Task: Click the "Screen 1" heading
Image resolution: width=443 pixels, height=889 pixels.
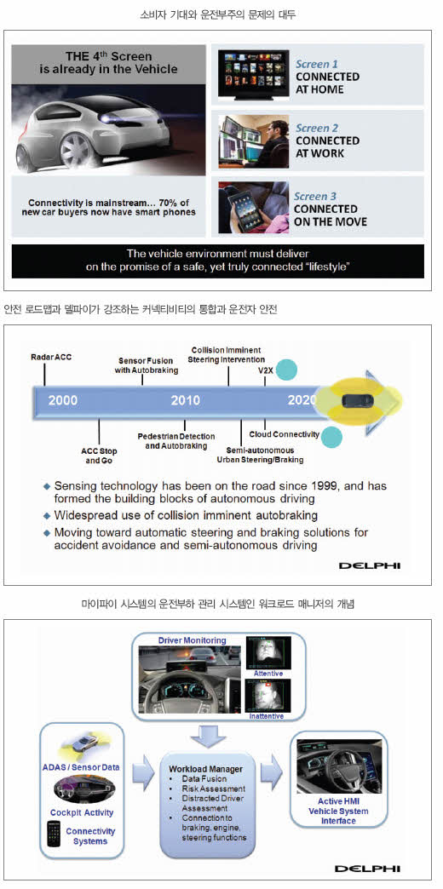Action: click(x=317, y=64)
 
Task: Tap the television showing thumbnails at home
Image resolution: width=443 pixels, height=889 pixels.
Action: click(x=253, y=72)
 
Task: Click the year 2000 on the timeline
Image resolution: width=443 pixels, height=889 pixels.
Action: click(x=63, y=400)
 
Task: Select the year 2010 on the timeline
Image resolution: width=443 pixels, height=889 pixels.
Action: click(x=186, y=400)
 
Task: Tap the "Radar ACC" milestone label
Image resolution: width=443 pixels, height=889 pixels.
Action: click(x=51, y=357)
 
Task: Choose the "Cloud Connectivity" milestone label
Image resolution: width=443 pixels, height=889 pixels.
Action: click(x=292, y=434)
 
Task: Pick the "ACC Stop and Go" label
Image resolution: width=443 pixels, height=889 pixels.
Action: click(x=100, y=456)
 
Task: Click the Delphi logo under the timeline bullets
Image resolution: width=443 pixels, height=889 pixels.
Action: click(x=369, y=565)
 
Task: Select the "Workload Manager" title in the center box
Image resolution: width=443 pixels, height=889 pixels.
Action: click(x=206, y=769)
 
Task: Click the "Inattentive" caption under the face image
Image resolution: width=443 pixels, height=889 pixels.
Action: click(x=267, y=717)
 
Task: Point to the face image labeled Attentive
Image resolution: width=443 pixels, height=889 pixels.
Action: click(x=267, y=652)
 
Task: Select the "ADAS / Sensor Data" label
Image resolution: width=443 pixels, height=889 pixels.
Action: click(x=81, y=768)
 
